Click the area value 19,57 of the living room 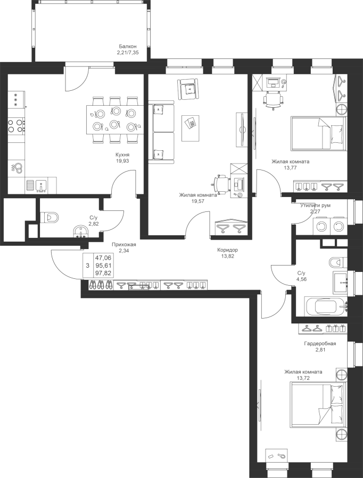click(198, 202)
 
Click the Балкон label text click(128, 46)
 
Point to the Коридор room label click(227, 250)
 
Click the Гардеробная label click(319, 344)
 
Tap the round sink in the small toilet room click(80, 232)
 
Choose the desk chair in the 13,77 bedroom click(273, 99)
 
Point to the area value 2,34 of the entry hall click(123, 251)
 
